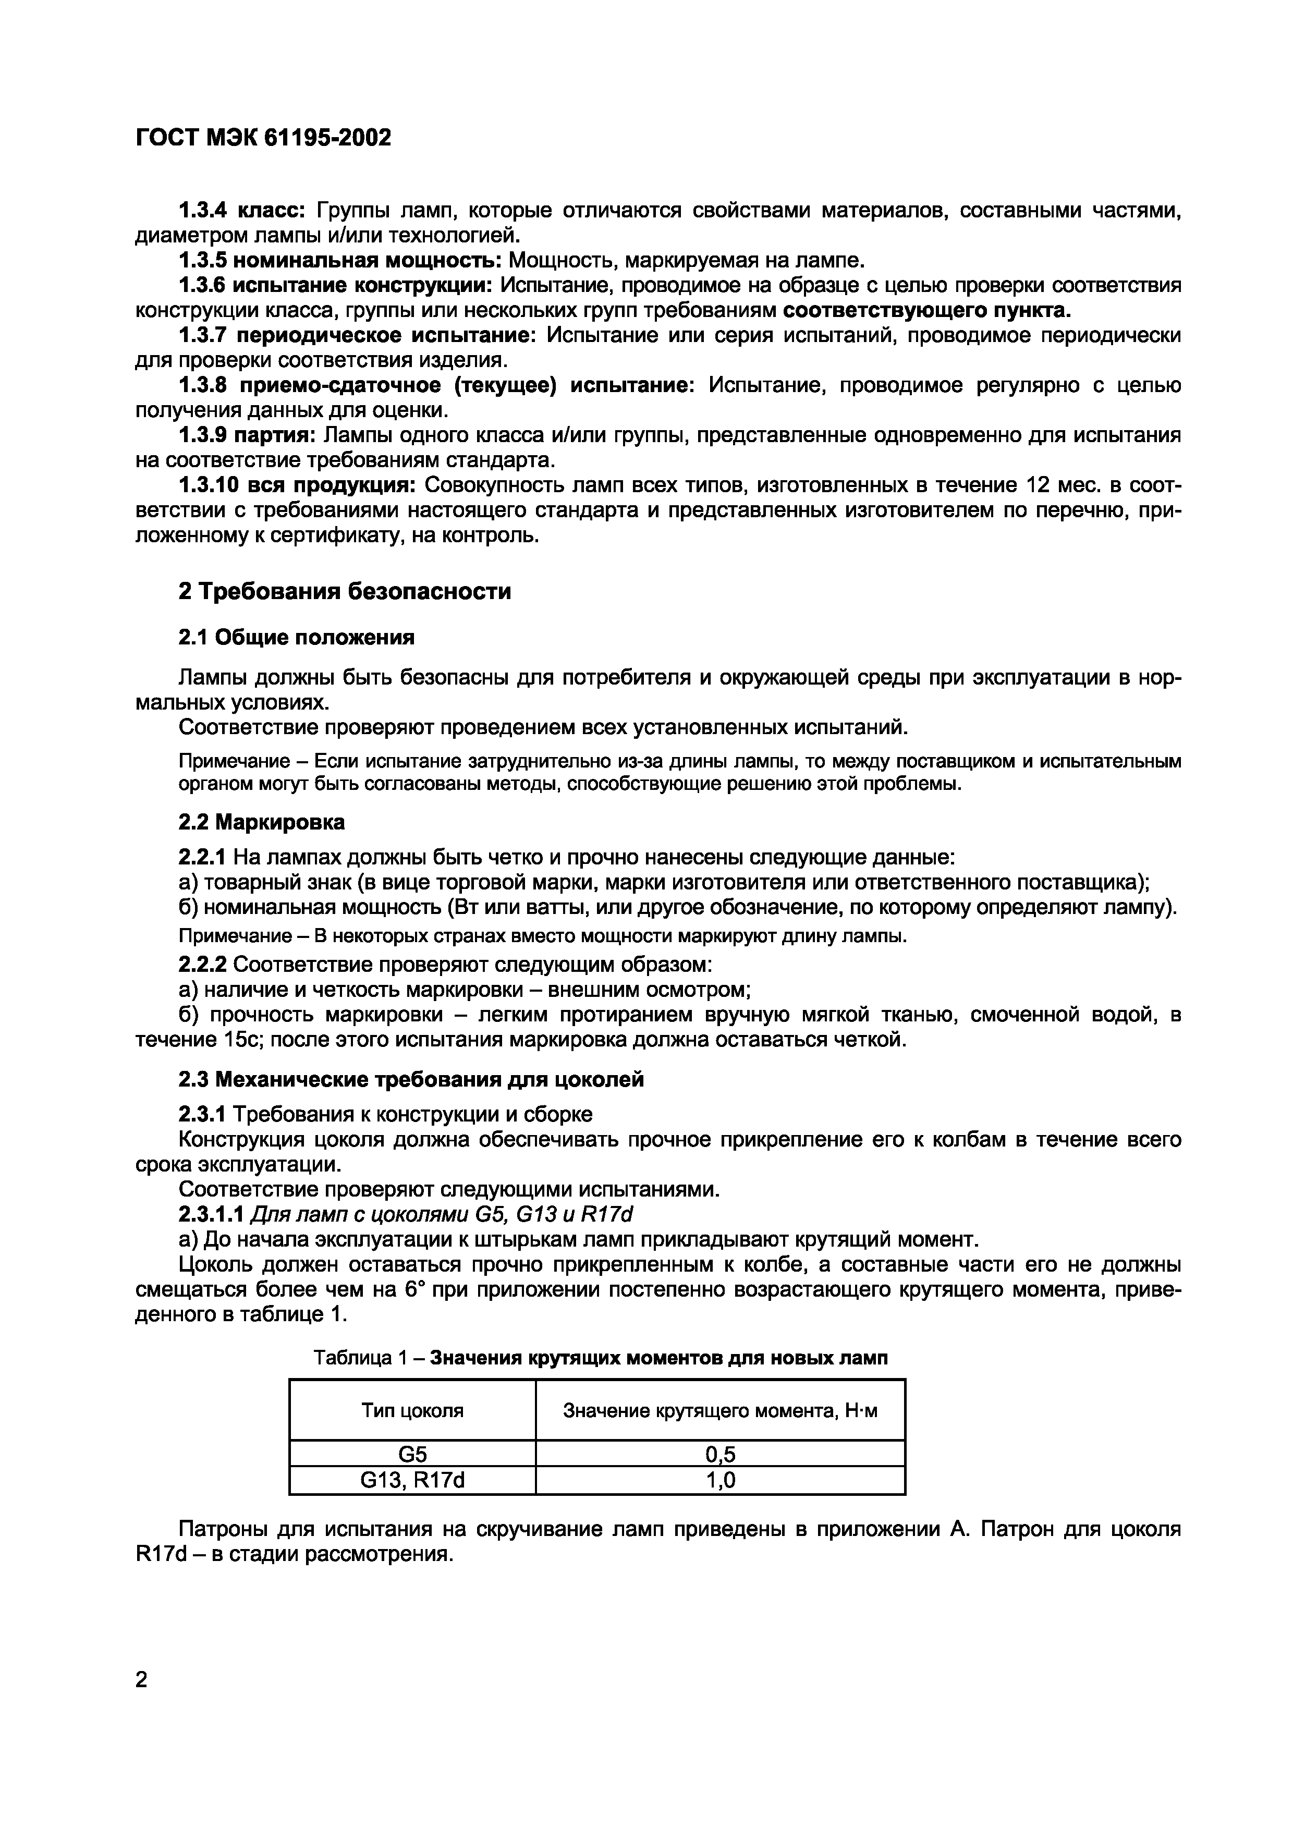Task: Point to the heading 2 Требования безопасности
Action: coord(344,592)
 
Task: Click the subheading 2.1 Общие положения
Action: coord(296,637)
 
